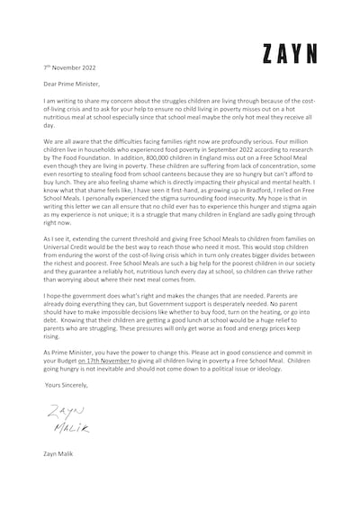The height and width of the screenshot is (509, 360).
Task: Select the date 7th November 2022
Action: pos(71,67)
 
